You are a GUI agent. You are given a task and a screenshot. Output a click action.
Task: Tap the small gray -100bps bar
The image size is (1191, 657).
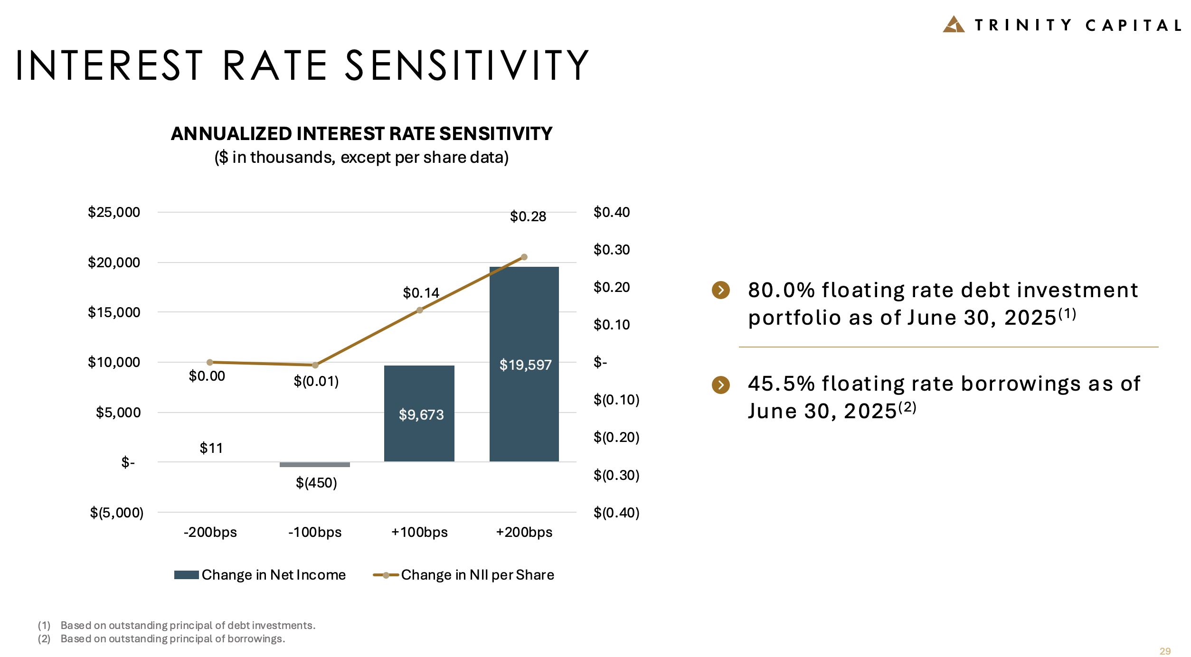[x=314, y=464]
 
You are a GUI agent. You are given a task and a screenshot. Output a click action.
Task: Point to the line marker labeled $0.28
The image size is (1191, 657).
[x=524, y=257]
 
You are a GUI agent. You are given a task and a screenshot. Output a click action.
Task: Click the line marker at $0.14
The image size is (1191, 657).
[x=419, y=310]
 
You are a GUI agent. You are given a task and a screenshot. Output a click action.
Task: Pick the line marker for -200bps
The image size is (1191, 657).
[x=210, y=362]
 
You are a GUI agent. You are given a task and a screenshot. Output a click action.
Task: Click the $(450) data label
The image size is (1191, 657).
[x=316, y=483]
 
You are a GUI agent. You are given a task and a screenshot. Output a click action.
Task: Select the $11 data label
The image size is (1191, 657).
[x=211, y=448]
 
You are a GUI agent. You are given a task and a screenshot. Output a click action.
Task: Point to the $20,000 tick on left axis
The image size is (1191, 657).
[x=114, y=262]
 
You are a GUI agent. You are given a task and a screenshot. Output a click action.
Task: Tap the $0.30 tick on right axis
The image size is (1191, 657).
[x=612, y=250]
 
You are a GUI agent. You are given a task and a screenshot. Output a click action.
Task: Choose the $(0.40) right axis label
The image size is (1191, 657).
[x=616, y=513]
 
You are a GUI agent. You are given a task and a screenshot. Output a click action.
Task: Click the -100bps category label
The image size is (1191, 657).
[x=315, y=532]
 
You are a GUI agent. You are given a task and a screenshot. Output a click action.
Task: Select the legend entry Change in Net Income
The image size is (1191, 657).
[x=260, y=575]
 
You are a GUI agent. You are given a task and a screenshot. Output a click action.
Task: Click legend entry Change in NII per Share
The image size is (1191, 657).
[x=464, y=575]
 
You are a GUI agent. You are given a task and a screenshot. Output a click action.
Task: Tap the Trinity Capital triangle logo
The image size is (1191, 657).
[x=953, y=25]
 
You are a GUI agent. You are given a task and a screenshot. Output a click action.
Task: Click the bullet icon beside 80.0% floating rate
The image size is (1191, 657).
[x=720, y=290]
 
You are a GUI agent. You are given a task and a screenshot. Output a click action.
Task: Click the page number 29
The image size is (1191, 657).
[x=1165, y=651]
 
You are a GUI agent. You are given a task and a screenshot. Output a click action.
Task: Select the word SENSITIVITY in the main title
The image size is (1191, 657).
[x=466, y=66]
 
